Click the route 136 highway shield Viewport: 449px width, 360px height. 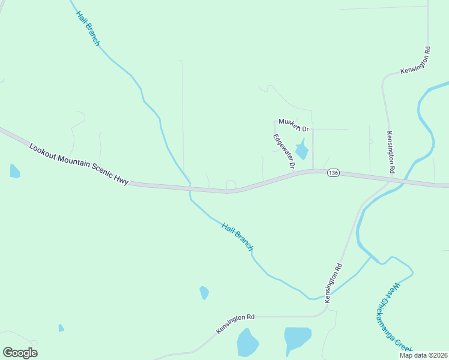(334, 173)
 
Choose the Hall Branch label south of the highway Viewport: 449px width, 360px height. (237, 236)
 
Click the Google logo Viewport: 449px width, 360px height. (20, 352)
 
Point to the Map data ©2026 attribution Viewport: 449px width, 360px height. (423, 355)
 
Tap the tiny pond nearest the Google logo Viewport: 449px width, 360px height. (61, 328)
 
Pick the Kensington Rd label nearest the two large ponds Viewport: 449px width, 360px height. (236, 323)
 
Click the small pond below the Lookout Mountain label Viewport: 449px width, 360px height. (14, 172)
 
